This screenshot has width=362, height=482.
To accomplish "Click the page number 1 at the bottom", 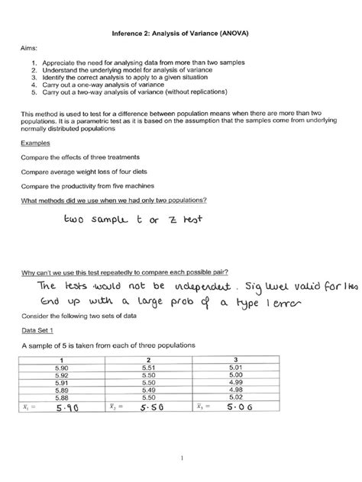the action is coord(181,459).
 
